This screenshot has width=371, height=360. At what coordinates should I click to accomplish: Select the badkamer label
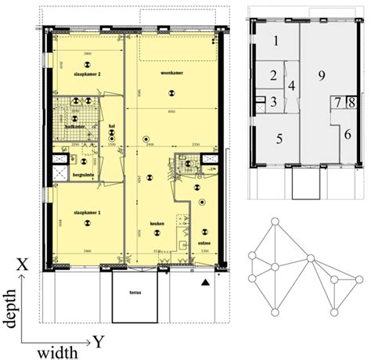[74, 125]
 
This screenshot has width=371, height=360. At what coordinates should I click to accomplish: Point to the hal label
[112, 125]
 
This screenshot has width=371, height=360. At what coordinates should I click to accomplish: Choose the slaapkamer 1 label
[84, 212]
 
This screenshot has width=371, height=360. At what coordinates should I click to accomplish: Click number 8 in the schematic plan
[352, 102]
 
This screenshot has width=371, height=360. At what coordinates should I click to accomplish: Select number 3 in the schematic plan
[273, 102]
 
